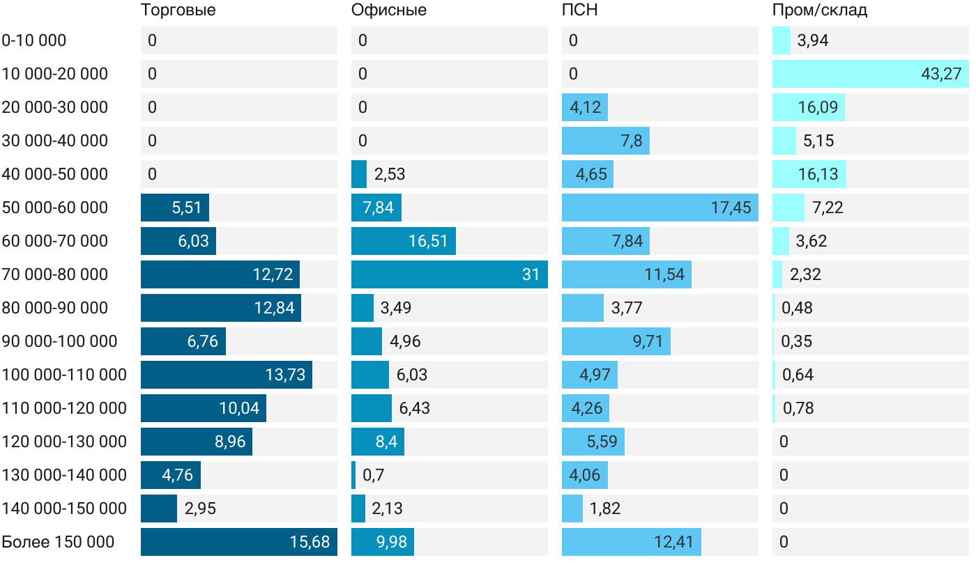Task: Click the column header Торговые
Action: pyautogui.click(x=178, y=10)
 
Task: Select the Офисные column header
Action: pyautogui.click(x=389, y=10)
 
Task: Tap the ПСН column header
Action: pyautogui.click(x=580, y=10)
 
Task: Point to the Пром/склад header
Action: pyautogui.click(x=820, y=10)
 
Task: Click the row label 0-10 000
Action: pyautogui.click(x=34, y=40)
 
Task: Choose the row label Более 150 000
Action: pyautogui.click(x=58, y=542)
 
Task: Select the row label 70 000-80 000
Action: pyautogui.click(x=55, y=274)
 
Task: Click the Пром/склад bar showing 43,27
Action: pyautogui.click(x=870, y=74)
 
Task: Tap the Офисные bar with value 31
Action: pyautogui.click(x=449, y=274)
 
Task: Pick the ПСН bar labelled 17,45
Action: pyautogui.click(x=659, y=208)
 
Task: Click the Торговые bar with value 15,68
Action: pyautogui.click(x=238, y=542)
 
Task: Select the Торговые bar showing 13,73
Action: pyautogui.click(x=226, y=375)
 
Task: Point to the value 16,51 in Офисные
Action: pyautogui.click(x=428, y=241)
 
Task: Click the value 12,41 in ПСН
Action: pyautogui.click(x=674, y=542)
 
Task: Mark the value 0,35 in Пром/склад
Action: pyautogui.click(x=797, y=341)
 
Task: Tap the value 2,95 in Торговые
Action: pyautogui.click(x=200, y=508)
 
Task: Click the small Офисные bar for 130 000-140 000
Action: pyautogui.click(x=353, y=475)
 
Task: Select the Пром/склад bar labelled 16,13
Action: pyautogui.click(x=809, y=174)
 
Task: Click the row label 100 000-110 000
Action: pyautogui.click(x=64, y=375)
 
